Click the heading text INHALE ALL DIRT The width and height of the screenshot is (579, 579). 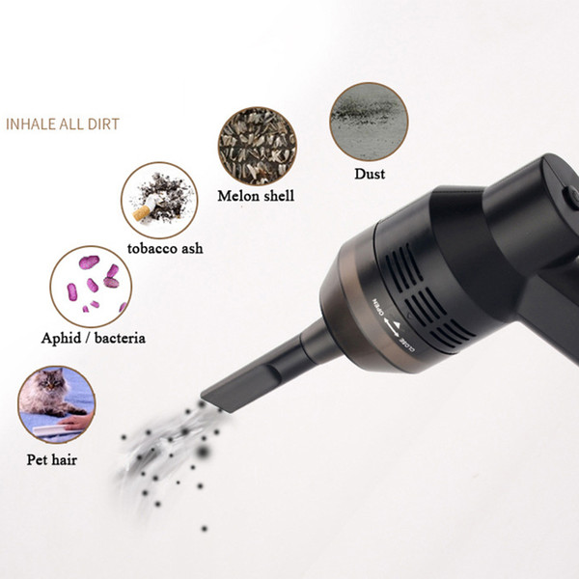coord(63,124)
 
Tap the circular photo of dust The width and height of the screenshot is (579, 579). coord(369,122)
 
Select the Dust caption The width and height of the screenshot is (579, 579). coord(370,174)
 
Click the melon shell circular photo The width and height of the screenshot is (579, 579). coord(257,147)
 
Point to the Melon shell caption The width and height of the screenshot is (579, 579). coord(256,196)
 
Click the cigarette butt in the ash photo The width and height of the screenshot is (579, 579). coord(145,208)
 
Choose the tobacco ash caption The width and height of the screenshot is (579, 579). coord(165,248)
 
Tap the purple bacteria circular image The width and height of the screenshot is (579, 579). coord(91,287)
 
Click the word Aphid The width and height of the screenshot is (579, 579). coord(62,338)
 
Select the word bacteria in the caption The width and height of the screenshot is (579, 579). coord(120,338)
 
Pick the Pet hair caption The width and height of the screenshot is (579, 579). coord(52,459)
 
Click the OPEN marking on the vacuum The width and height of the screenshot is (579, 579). coord(379,307)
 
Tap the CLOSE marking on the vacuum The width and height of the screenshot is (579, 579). coord(407,347)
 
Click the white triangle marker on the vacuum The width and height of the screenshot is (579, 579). coord(397,324)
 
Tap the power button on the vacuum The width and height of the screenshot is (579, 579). coord(571,198)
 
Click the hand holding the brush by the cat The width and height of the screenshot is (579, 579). coord(76,422)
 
